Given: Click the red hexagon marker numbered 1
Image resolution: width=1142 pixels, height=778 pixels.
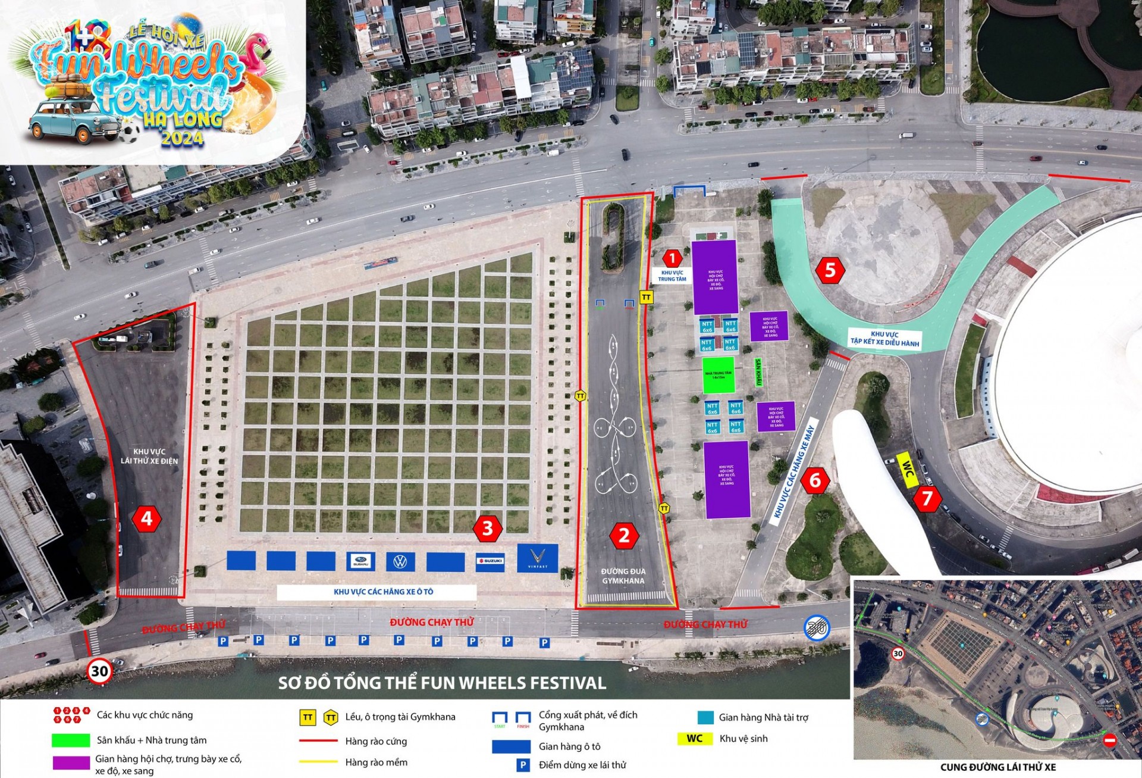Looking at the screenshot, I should click(x=672, y=258).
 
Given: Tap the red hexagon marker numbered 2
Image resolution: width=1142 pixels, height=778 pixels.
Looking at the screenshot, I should click(x=624, y=536).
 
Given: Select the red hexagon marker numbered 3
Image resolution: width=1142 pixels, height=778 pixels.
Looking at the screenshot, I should click(x=488, y=528).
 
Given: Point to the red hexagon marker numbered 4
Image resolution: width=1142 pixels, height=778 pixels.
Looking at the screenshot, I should click(x=146, y=518).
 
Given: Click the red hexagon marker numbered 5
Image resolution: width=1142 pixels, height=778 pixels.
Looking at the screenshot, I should click(x=830, y=270).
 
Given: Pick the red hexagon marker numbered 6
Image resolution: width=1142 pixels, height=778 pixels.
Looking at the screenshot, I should click(x=815, y=480).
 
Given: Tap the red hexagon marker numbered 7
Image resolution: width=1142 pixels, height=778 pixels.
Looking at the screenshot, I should click(x=927, y=498).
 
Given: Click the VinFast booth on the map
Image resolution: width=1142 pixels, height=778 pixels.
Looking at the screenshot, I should click(x=538, y=558).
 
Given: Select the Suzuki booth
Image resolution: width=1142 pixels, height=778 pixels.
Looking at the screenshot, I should click(x=490, y=561).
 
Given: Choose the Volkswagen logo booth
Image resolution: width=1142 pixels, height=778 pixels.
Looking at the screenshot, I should click(x=400, y=561).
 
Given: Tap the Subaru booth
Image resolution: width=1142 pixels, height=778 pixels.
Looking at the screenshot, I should click(x=360, y=561).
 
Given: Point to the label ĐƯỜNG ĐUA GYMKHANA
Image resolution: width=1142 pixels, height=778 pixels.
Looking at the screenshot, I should click(x=623, y=576).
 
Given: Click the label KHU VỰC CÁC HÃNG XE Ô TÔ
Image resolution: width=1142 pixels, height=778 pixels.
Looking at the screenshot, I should click(x=383, y=592).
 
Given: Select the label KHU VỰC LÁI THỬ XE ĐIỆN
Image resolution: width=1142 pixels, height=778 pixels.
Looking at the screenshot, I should click(x=149, y=456).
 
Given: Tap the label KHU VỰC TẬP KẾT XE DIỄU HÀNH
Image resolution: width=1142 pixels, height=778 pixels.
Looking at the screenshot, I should click(x=884, y=339).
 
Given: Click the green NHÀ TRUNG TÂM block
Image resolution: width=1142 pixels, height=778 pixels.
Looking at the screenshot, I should click(x=719, y=375).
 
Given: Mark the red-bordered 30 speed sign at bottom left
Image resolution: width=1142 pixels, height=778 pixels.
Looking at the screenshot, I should click(x=99, y=671).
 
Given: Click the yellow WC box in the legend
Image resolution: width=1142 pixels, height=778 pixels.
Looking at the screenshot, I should click(x=694, y=739).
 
